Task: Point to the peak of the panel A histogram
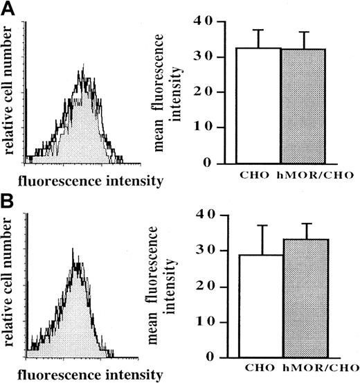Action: tap(82, 67)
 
